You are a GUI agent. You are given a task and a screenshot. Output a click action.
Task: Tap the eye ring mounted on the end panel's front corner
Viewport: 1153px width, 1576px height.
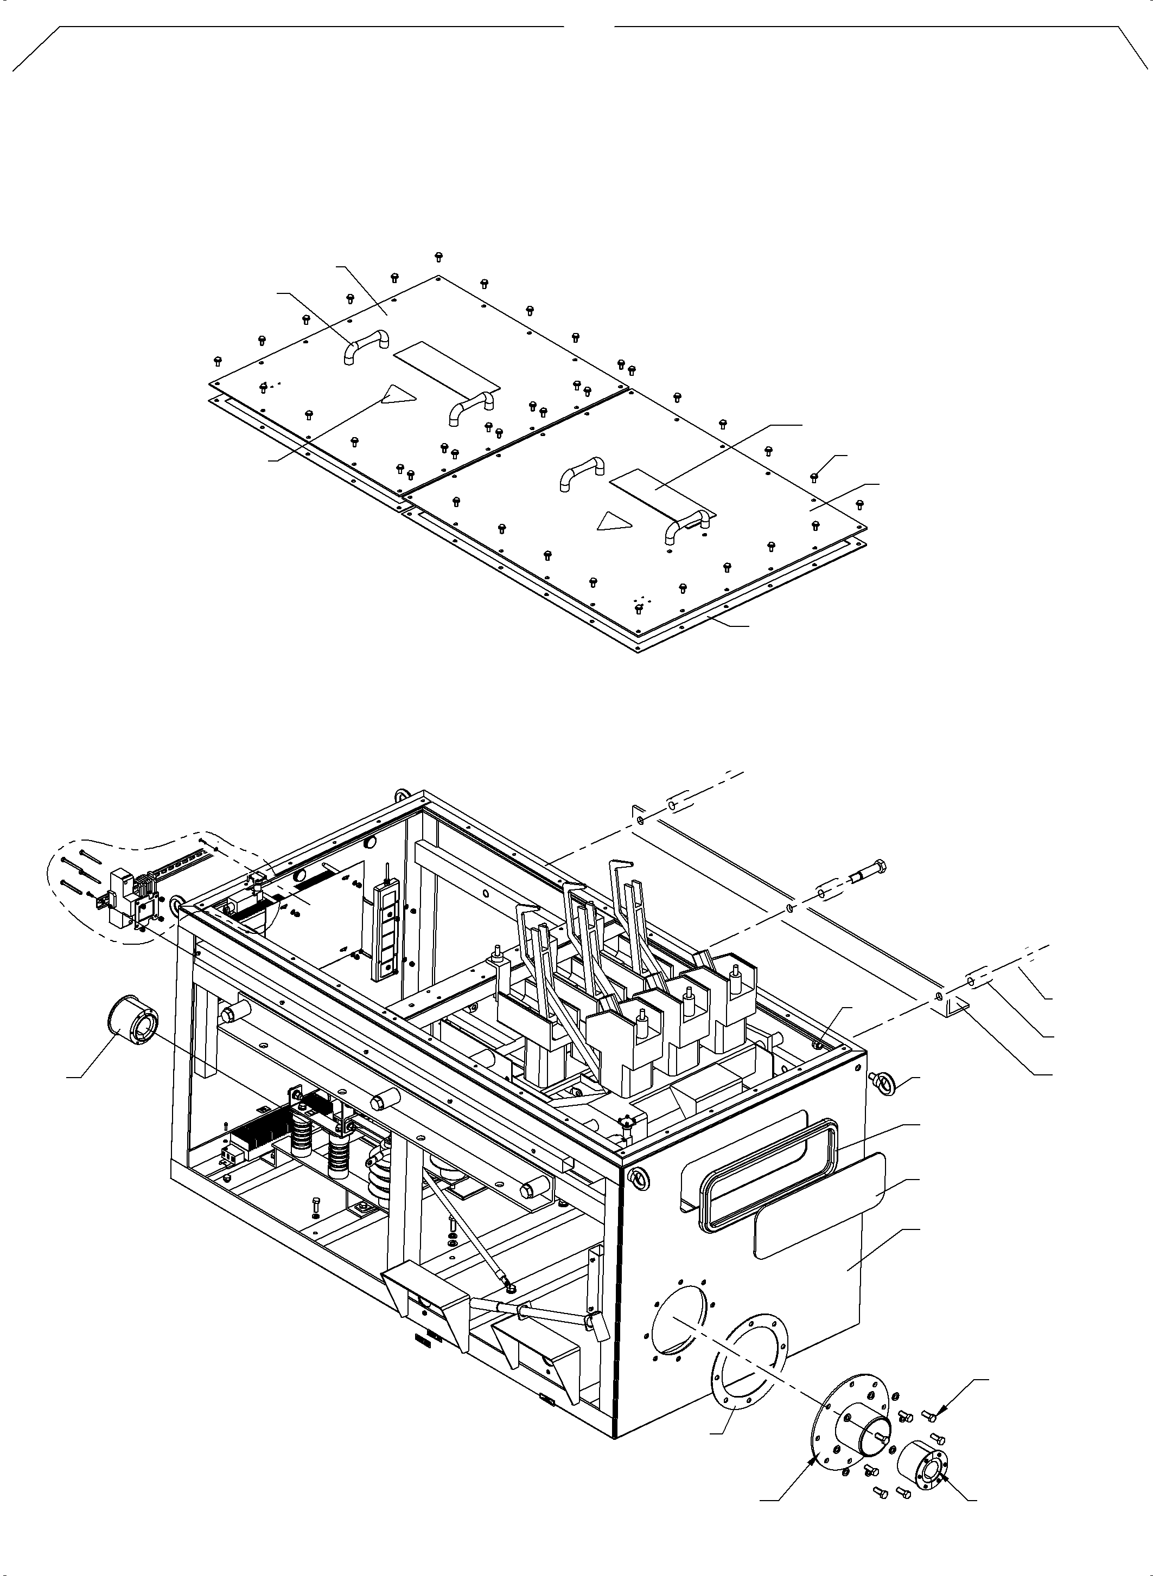[636, 1177]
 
